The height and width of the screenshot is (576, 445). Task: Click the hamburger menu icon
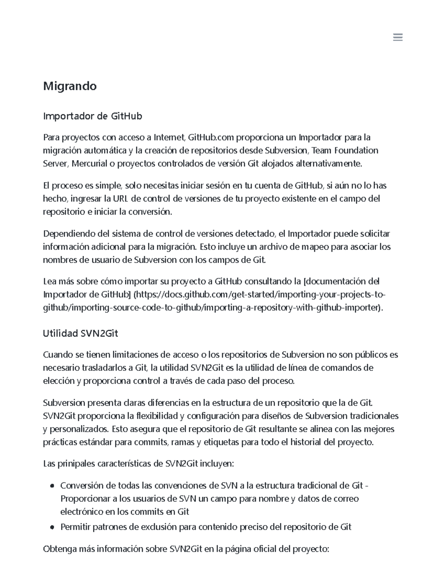(x=398, y=37)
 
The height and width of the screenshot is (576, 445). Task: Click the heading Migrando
(x=70, y=86)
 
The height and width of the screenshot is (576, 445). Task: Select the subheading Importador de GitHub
(x=92, y=116)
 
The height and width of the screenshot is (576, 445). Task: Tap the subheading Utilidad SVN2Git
(x=80, y=333)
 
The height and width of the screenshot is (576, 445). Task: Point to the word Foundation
(x=356, y=150)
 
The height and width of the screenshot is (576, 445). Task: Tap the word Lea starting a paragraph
(x=50, y=281)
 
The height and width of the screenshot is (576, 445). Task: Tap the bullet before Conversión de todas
(x=52, y=486)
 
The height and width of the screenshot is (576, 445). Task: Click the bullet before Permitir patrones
(x=52, y=527)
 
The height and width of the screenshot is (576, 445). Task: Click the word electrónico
(x=82, y=512)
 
